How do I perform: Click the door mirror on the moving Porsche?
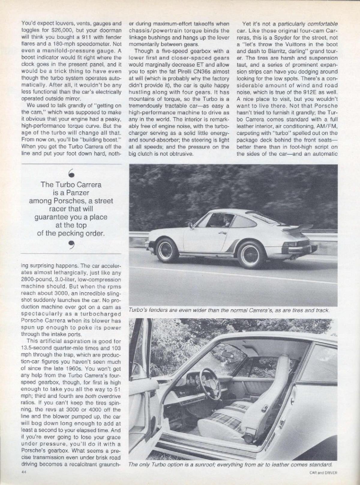coord(190,225)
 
